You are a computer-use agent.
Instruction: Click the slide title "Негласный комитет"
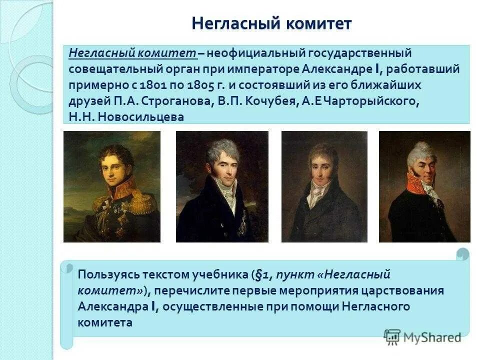tap(271, 23)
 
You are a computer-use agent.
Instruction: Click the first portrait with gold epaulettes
tap(112, 186)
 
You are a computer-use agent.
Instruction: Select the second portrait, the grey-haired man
tap(221, 186)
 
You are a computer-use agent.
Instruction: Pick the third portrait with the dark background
tap(324, 186)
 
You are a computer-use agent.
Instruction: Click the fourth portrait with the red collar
tap(424, 186)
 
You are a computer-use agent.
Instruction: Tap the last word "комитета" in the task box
tap(105, 322)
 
